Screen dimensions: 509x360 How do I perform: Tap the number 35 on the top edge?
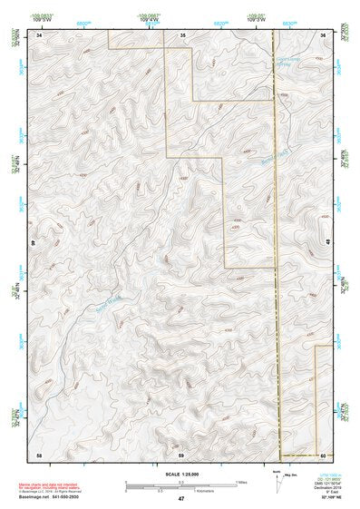click(x=182, y=34)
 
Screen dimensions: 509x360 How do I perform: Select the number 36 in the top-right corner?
click(x=323, y=34)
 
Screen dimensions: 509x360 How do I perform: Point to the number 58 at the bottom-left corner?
click(x=39, y=453)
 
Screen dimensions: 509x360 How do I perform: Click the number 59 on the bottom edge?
click(x=181, y=453)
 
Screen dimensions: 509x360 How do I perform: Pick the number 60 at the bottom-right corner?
click(x=323, y=453)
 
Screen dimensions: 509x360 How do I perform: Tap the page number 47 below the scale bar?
click(x=181, y=499)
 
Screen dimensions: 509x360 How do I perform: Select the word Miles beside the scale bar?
click(x=241, y=481)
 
